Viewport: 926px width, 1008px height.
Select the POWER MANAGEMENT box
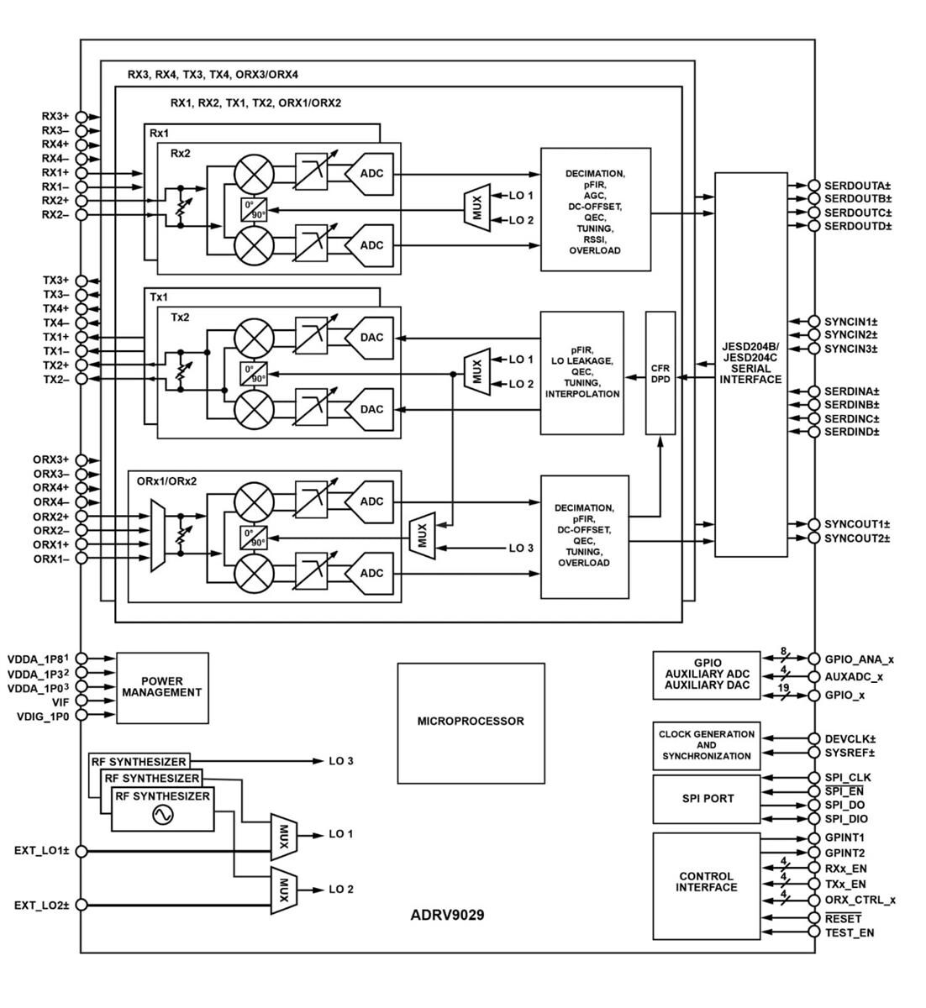161,688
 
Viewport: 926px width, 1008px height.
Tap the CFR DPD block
660,373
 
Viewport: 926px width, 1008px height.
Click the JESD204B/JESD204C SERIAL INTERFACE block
750,364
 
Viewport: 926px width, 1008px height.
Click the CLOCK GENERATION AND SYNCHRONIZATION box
706,745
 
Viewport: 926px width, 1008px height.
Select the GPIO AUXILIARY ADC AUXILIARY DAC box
706,675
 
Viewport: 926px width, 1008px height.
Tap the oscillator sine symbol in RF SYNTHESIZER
162,814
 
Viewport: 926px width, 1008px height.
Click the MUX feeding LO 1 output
283,835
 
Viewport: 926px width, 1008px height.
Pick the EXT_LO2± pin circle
82,906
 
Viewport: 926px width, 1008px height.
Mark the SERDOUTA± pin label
857,186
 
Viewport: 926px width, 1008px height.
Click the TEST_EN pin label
849,932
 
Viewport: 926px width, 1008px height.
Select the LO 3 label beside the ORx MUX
521,548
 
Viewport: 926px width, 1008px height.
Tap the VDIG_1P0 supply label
45,717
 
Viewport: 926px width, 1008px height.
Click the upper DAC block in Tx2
371,338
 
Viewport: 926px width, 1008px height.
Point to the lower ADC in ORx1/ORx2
371,574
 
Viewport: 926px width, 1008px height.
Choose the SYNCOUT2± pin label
856,538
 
